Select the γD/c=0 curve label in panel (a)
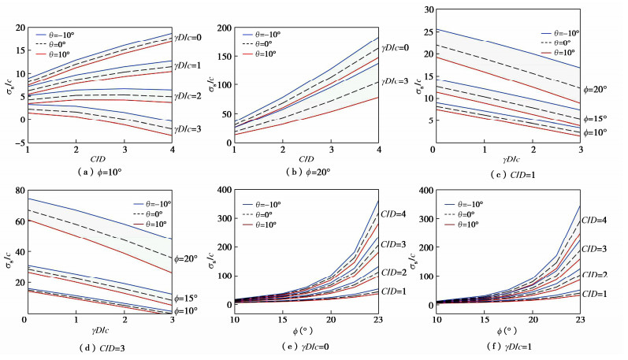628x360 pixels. pos(189,37)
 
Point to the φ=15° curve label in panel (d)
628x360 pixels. pos(186,299)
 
